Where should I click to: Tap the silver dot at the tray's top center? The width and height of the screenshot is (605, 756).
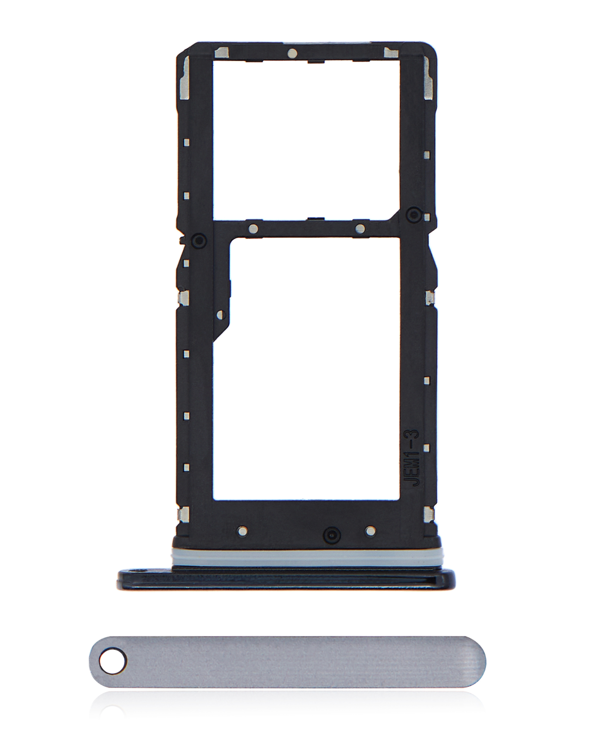[292, 53]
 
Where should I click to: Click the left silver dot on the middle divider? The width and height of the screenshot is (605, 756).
[253, 229]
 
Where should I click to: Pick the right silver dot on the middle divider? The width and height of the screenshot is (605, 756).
[360, 229]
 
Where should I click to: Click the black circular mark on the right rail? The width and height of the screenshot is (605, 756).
[414, 213]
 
